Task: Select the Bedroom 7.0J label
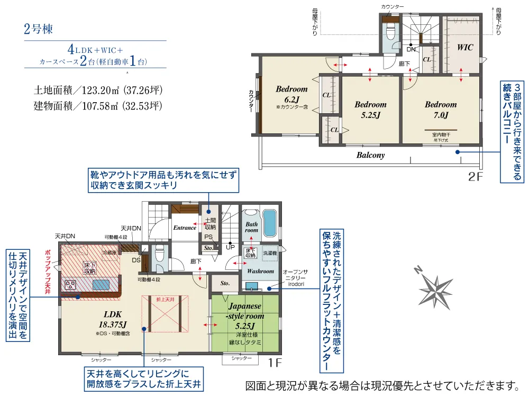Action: click(440, 110)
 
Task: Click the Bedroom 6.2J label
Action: click(291, 94)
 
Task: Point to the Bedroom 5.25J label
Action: click(370, 110)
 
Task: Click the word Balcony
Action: click(370, 156)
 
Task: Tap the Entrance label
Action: click(184, 228)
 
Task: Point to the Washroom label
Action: click(261, 272)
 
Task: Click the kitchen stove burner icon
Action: click(70, 285)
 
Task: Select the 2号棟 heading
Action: click(39, 29)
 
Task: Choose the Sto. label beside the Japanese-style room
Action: click(224, 283)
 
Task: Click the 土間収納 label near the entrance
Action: click(210, 224)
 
